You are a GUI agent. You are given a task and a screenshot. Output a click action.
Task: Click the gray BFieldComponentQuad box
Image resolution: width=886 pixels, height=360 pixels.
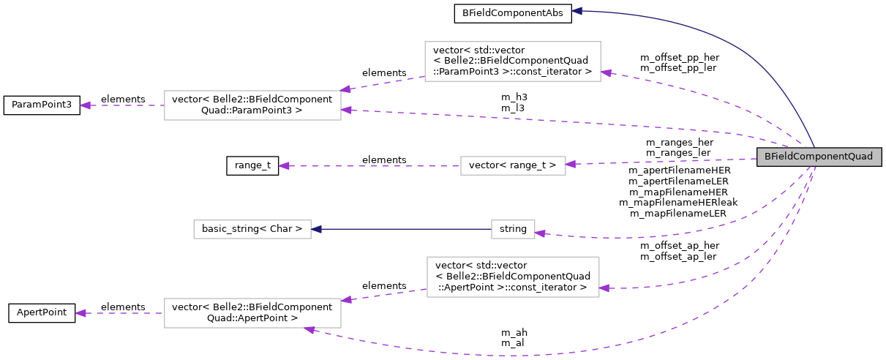[819, 157]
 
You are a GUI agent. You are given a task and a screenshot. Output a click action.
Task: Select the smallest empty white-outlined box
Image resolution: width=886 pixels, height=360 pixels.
[513, 229]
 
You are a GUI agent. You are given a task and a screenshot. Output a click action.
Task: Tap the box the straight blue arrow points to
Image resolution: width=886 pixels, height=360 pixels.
[252, 229]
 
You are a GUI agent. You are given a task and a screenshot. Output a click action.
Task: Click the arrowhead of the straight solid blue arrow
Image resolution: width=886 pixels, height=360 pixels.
[317, 229]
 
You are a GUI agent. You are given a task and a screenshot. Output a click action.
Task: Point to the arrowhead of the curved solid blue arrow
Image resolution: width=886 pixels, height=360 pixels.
[577, 11]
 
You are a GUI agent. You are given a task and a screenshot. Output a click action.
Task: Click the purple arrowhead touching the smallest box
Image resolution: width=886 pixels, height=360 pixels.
[540, 233]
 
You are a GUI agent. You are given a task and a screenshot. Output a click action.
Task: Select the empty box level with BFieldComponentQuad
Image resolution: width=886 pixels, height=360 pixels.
[513, 165]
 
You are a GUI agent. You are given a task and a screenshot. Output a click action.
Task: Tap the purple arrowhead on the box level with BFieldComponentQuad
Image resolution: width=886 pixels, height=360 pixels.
[571, 164]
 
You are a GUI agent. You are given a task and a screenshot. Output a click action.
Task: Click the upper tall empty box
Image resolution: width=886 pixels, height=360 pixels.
[512, 61]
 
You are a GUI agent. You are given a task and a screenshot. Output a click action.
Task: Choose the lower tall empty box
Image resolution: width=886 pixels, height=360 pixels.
[513, 277]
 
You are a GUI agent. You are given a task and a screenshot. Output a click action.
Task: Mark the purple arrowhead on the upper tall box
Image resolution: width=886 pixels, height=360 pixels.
[606, 73]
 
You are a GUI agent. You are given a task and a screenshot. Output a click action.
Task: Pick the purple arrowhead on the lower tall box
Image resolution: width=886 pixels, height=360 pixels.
[604, 288]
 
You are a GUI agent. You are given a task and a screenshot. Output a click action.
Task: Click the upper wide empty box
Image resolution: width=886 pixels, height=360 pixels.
[252, 105]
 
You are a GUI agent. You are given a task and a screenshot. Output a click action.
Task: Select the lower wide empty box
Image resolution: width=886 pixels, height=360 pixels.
[252, 313]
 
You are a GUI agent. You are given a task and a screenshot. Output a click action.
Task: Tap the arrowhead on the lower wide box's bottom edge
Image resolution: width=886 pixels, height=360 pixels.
[310, 330]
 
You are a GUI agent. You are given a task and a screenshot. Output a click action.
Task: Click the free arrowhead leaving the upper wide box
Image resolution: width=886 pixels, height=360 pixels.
[85, 105]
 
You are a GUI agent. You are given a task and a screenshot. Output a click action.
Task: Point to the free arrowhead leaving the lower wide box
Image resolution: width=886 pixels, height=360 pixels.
[80, 313]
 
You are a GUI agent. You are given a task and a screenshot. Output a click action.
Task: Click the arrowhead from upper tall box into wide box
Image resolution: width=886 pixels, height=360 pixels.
[347, 89]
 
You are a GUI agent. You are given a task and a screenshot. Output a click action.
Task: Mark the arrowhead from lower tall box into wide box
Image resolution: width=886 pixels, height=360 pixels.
[347, 300]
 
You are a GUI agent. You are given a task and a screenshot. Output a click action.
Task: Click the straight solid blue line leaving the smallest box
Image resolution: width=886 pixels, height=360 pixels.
[402, 229]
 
